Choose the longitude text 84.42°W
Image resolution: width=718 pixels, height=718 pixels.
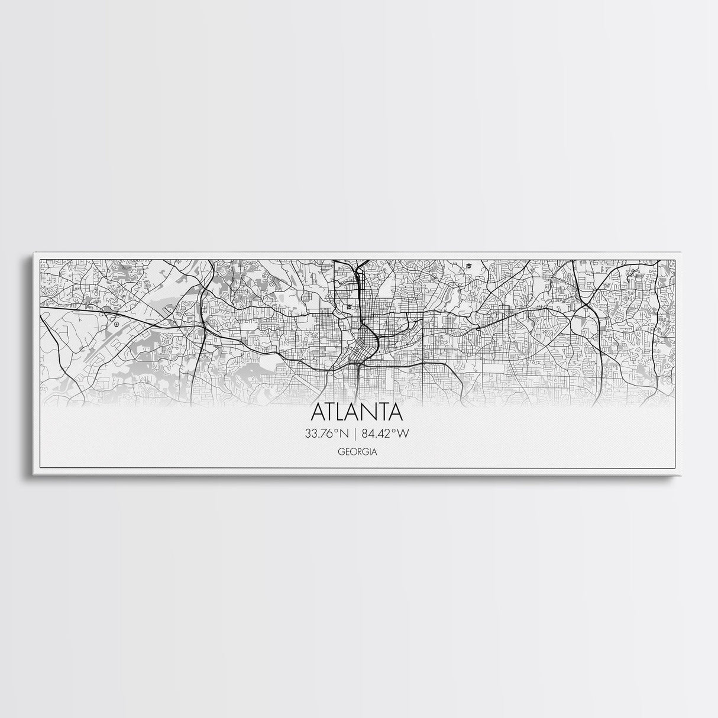point(386,434)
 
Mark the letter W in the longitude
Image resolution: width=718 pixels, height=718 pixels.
point(403,434)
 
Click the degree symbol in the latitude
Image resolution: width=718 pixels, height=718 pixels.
point(337,431)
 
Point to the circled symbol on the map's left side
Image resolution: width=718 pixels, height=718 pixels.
point(117,324)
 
